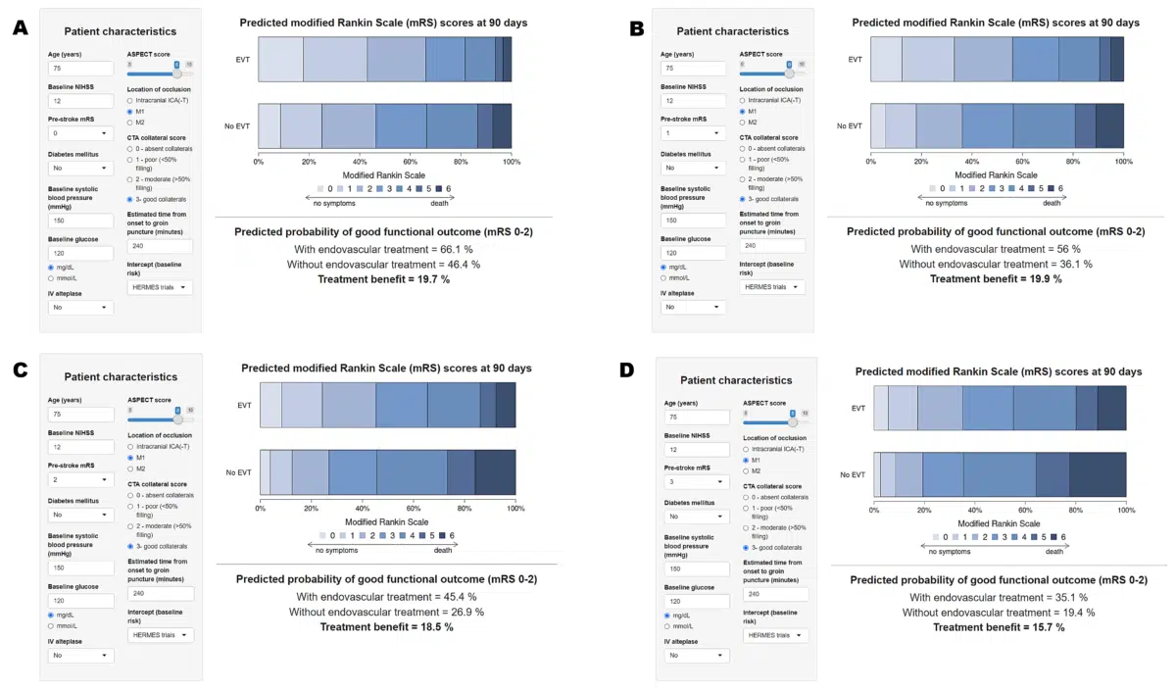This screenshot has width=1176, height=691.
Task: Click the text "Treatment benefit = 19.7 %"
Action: [383, 279]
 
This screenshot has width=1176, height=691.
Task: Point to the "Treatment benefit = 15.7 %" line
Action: [999, 627]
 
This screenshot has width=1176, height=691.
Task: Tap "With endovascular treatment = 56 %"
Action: [995, 249]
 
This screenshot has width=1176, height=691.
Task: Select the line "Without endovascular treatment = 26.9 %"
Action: [386, 612]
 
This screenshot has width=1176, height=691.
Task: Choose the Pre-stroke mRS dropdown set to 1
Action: [693, 132]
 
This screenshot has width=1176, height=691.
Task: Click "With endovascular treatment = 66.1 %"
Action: [383, 250]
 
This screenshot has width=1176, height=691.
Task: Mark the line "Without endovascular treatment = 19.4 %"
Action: [999, 613]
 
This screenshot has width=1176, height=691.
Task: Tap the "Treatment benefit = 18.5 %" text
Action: [386, 626]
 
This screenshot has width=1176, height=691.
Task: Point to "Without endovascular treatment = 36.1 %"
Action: [995, 264]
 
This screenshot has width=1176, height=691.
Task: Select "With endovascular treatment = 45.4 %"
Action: [386, 596]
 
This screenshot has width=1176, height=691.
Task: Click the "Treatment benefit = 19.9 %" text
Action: [995, 278]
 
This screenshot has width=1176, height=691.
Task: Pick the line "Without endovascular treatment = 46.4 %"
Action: [383, 265]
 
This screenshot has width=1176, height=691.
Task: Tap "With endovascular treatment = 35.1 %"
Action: [999, 597]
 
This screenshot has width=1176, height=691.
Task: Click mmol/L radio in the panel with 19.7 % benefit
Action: [52, 278]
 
